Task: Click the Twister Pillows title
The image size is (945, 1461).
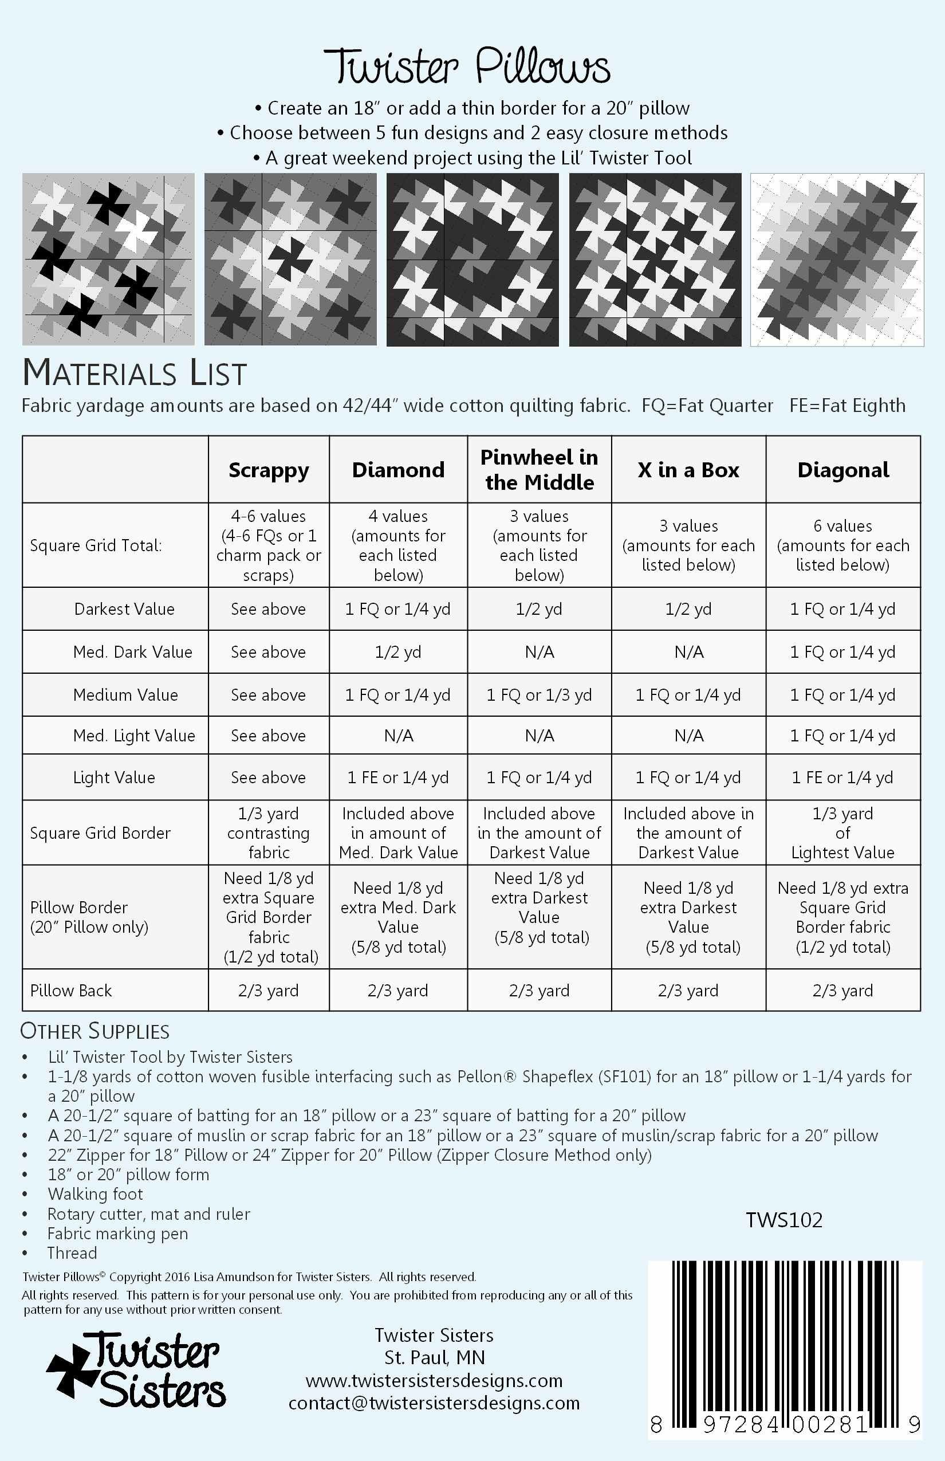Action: [467, 66]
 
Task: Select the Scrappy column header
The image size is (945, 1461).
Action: [269, 470]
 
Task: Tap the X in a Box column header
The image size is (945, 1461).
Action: [688, 470]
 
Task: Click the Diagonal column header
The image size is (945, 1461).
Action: [842, 470]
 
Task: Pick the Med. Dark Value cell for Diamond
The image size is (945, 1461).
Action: [397, 651]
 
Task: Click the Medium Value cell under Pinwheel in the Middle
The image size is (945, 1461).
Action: [539, 694]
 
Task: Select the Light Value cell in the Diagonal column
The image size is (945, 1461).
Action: [842, 777]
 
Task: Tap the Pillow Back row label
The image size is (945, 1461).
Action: [71, 990]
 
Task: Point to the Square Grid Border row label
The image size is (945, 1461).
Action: [100, 832]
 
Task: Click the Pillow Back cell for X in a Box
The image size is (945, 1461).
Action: [688, 990]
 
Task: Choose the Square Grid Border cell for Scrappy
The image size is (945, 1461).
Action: [269, 832]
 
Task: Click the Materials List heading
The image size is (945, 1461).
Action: [135, 372]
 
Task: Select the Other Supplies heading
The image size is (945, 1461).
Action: [95, 1031]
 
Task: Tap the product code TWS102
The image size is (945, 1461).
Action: [783, 1220]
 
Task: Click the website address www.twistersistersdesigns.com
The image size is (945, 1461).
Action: [434, 1381]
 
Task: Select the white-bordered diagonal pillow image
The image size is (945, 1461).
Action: [837, 260]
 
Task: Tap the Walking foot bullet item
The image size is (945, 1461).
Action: [95, 1194]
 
